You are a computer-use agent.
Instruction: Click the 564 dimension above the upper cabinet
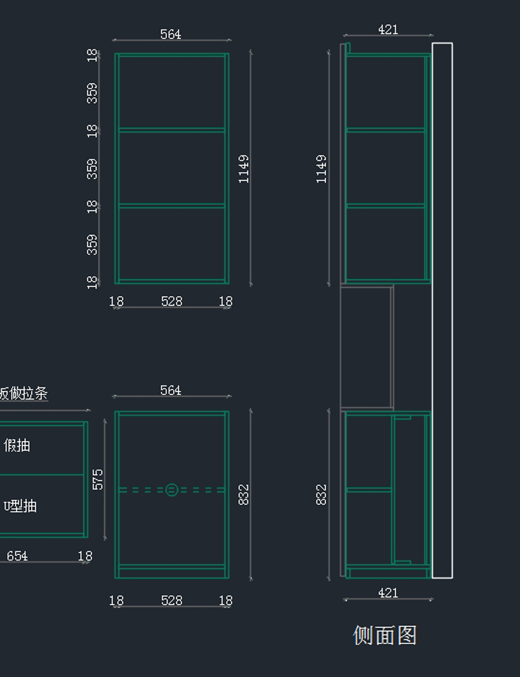(171, 34)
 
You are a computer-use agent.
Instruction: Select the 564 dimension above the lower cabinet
(171, 390)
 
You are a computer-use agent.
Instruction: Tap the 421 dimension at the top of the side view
(388, 29)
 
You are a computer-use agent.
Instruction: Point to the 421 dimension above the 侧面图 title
(388, 593)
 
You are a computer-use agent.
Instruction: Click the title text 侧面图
(385, 635)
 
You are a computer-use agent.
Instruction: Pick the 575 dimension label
(98, 479)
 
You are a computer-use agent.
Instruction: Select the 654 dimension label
(17, 556)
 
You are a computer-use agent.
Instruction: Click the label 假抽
(17, 445)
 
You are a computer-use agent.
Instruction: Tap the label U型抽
(20, 506)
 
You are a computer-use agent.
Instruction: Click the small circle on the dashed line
(172, 490)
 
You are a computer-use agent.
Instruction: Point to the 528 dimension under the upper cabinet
(172, 301)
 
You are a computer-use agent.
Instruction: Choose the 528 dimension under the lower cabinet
(172, 600)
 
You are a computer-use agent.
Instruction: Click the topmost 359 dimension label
(92, 93)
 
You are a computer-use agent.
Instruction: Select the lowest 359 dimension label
(92, 245)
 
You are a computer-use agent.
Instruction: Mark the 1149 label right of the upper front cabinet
(244, 169)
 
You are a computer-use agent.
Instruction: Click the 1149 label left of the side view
(321, 169)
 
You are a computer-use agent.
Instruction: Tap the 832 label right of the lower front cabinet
(244, 495)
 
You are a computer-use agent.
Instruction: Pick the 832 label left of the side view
(321, 495)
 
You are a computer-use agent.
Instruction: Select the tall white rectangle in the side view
(442, 310)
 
